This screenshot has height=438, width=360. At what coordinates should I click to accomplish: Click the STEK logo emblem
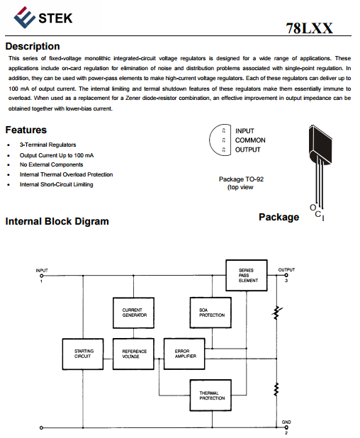24,17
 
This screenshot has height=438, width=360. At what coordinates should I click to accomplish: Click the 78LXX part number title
309,28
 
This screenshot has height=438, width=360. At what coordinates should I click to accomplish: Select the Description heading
33,46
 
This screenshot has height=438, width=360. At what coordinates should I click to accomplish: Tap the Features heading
26,130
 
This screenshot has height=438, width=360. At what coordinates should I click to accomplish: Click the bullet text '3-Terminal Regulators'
47,145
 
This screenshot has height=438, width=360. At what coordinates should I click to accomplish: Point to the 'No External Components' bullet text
52,164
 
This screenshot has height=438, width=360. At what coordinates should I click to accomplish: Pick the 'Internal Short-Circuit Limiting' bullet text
57,184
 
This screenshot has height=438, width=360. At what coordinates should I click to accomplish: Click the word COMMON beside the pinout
250,140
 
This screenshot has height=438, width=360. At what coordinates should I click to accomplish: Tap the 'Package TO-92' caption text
242,179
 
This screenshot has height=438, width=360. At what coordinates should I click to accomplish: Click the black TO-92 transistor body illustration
320,144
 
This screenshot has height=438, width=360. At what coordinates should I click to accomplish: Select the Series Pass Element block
247,276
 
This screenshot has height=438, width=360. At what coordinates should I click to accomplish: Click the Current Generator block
133,313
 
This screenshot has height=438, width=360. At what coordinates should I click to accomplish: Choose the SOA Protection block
210,313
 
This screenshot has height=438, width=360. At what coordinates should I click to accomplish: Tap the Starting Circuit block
83,354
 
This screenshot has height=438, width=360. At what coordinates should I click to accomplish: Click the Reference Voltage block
133,354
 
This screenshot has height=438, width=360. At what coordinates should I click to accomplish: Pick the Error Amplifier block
184,354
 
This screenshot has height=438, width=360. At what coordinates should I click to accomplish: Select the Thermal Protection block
210,395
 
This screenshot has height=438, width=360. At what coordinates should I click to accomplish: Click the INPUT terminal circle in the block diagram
42,276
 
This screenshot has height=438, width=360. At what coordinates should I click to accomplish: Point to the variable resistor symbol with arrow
277,313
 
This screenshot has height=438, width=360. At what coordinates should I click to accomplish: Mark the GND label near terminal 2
286,422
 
